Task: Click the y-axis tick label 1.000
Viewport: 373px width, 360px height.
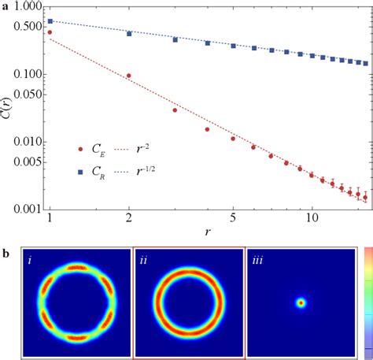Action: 24,7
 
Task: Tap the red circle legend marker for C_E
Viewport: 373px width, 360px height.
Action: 79,147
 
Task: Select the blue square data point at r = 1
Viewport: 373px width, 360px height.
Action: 50,21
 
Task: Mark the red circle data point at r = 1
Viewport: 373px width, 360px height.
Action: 50,33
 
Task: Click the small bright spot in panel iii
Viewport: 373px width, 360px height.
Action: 301,302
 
